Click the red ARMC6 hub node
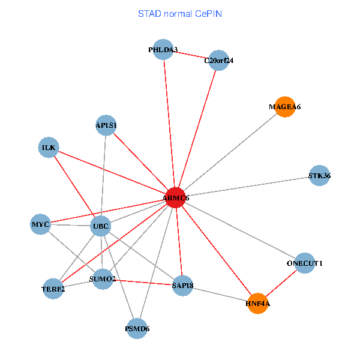point(175,197)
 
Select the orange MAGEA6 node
point(284,107)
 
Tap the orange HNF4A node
point(257,303)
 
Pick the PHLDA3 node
point(163,50)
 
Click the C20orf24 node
point(219,60)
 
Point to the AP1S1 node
point(106,125)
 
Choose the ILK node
point(48,147)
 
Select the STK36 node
point(319,176)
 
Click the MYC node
point(41,224)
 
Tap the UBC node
point(100,226)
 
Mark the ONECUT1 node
point(305,263)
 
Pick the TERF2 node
point(53,288)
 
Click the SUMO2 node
point(103,279)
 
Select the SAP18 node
point(182,284)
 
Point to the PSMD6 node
point(137,328)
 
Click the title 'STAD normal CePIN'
point(180,13)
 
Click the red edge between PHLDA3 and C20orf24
point(191,55)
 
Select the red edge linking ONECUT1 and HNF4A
point(281,283)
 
